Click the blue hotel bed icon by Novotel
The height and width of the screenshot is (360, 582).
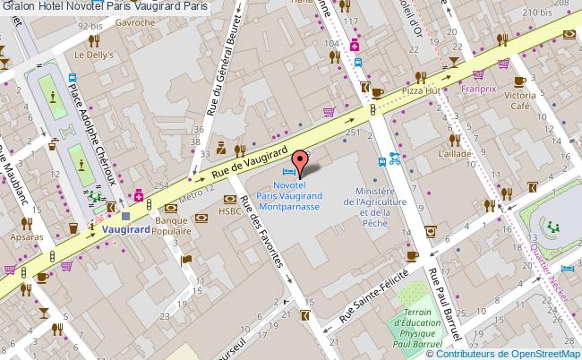[x=288, y=172]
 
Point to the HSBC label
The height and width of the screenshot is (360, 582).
[x=230, y=212]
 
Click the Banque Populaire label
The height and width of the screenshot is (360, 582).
[x=173, y=225]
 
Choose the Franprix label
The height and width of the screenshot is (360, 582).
[x=478, y=90]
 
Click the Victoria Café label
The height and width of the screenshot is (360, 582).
[x=520, y=99]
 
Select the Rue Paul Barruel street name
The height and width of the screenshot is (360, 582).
[x=444, y=304]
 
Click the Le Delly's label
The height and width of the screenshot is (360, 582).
[x=92, y=55]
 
